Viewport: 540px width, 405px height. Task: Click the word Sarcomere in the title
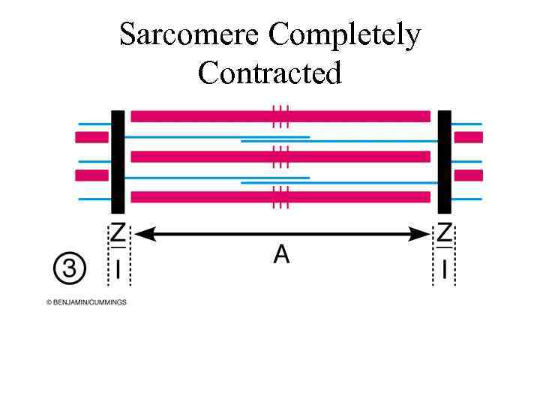pyautogui.click(x=190, y=35)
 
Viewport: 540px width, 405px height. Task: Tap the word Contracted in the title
pyautogui.click(x=270, y=73)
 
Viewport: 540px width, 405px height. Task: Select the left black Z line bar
pyautogui.click(x=118, y=162)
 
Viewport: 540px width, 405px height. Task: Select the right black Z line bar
pyautogui.click(x=445, y=162)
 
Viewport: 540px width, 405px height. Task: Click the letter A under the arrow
pyautogui.click(x=281, y=255)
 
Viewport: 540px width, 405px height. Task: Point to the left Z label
pyautogui.click(x=118, y=233)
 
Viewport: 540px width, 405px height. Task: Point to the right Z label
pyautogui.click(x=445, y=233)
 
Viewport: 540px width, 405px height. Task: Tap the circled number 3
pyautogui.click(x=70, y=268)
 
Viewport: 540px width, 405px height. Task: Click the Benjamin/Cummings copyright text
pyautogui.click(x=86, y=302)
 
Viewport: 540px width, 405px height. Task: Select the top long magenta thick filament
pyautogui.click(x=202, y=116)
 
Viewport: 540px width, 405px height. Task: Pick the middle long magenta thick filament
pyautogui.click(x=202, y=157)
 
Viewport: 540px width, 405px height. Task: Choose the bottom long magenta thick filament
pyautogui.click(x=202, y=197)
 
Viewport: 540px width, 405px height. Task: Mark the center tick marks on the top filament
pyautogui.click(x=280, y=116)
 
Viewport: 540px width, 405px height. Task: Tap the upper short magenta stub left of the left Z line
pyautogui.click(x=91, y=137)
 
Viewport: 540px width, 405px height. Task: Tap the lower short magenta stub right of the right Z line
pyautogui.click(x=469, y=175)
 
